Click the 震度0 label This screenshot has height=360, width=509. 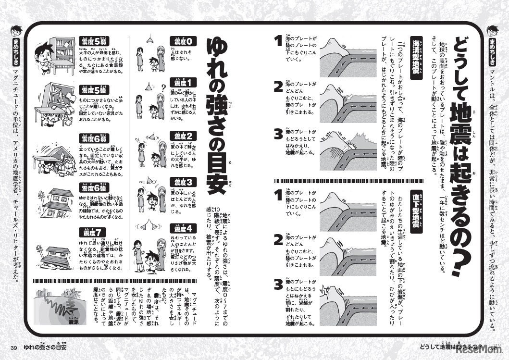pos(183,41)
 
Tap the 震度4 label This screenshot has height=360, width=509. pos(183,228)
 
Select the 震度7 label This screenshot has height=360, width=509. pos(91,233)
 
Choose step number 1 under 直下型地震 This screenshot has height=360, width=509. pos(277,195)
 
